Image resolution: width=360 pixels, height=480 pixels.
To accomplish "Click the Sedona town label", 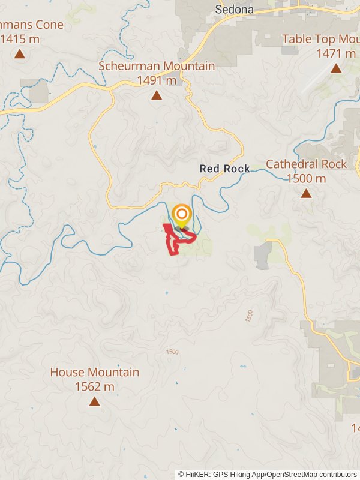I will pos(234,10).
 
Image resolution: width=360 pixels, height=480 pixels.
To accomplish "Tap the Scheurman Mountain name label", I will pos(157,66).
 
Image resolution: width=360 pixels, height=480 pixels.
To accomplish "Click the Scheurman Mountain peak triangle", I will pos(157,95).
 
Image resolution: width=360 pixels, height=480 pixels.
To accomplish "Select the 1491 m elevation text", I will pos(157,80).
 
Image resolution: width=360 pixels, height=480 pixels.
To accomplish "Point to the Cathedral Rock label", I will pos(306,164).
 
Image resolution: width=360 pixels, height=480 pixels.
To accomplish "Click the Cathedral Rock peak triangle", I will pos(306,193).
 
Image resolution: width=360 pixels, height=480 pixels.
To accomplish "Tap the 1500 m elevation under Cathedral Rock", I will pos(306,178).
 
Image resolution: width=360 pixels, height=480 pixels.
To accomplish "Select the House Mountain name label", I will pos(94,372).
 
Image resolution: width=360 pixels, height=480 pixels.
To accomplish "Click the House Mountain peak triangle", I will pos(94,401).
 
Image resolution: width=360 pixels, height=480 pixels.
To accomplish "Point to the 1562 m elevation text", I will pos(94,386).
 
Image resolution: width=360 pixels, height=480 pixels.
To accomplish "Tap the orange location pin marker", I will pos(181,215).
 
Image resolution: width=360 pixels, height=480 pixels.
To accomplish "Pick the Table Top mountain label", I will pos(320,39).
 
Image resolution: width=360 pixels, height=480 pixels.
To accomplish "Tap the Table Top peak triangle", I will pos(336,68).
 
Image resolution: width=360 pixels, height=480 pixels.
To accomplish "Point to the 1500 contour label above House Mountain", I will pos(172,352).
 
